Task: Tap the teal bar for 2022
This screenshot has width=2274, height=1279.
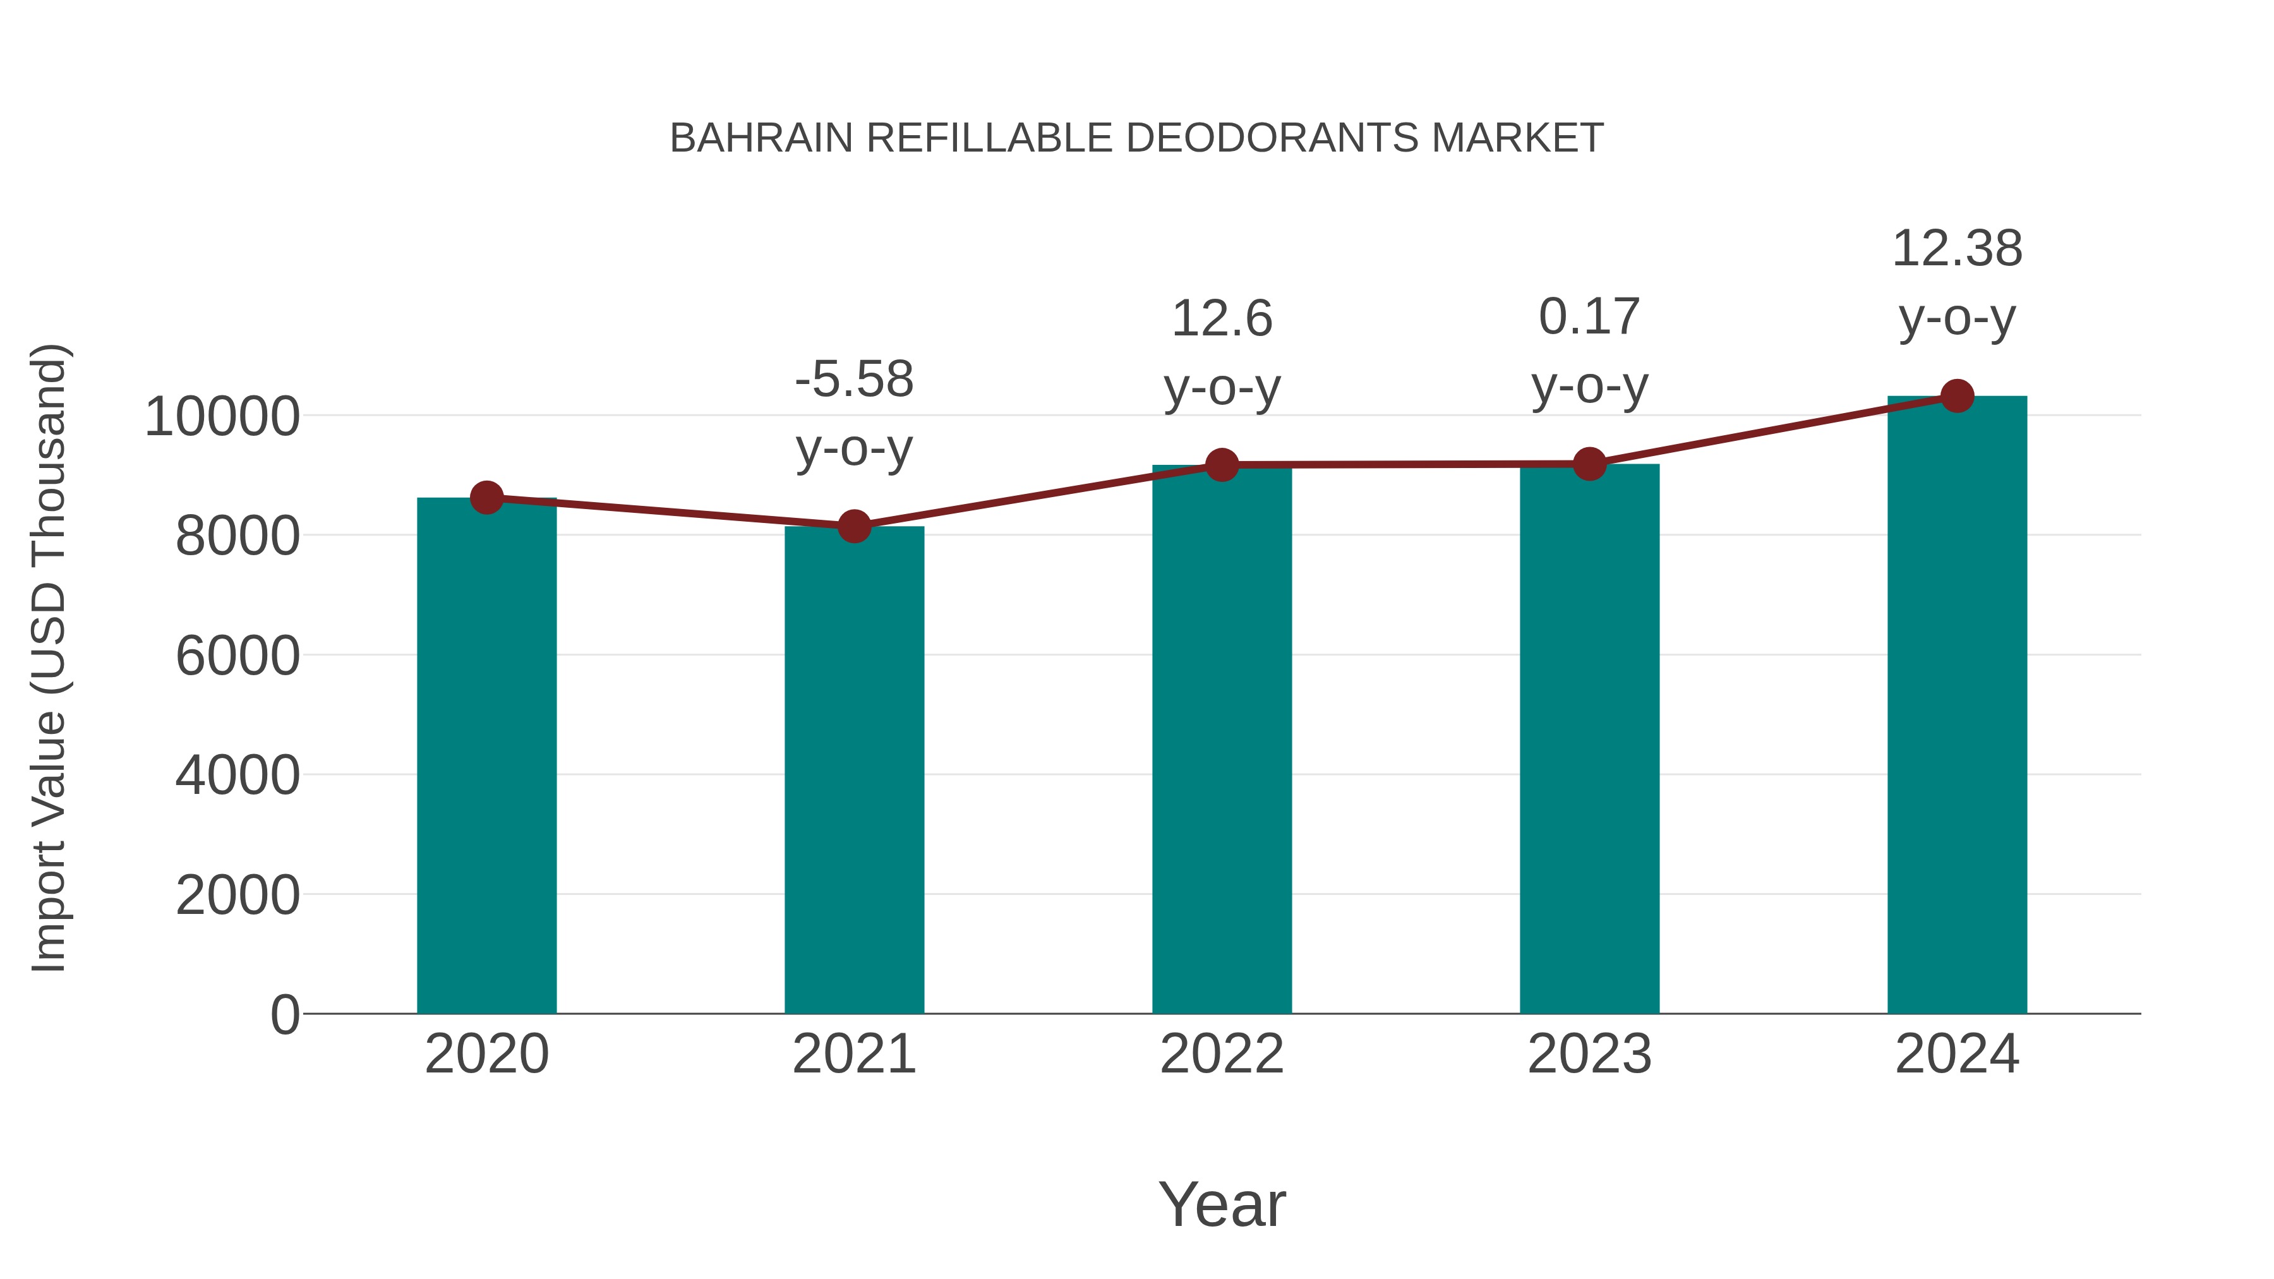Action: point(1222,739)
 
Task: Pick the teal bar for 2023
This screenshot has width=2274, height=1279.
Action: point(1589,739)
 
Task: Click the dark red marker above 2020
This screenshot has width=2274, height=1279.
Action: point(486,498)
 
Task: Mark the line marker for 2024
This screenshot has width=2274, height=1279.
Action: point(1957,396)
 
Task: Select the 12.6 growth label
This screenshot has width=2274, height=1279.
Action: point(1222,319)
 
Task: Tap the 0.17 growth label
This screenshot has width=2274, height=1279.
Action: point(1589,317)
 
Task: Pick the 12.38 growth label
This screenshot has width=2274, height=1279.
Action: point(1957,249)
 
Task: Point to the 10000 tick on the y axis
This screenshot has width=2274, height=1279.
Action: point(222,417)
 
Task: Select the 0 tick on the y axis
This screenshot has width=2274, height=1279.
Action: point(284,1015)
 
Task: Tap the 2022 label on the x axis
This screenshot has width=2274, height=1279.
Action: point(1222,1054)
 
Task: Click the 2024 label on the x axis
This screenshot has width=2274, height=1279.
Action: point(1957,1054)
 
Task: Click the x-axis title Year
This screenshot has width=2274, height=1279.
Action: point(1222,1204)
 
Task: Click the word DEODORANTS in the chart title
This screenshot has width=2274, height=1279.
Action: point(1273,138)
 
